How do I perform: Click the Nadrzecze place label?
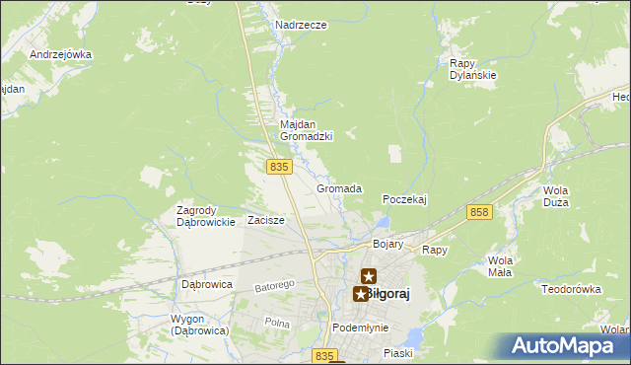click(x=301, y=25)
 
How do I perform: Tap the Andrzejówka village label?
click(x=60, y=54)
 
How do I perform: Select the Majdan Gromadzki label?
click(x=307, y=130)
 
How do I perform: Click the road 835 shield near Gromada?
click(x=279, y=168)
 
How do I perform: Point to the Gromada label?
click(x=339, y=188)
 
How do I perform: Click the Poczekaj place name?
click(x=404, y=198)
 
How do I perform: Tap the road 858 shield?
click(x=480, y=212)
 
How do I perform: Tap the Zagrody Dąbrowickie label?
click(x=205, y=216)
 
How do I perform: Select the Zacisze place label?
click(x=266, y=220)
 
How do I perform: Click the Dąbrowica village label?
click(x=206, y=283)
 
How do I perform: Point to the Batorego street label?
click(x=276, y=285)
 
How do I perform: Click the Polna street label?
click(x=276, y=323)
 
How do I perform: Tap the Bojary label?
click(x=388, y=243)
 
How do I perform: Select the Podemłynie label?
click(x=360, y=328)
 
